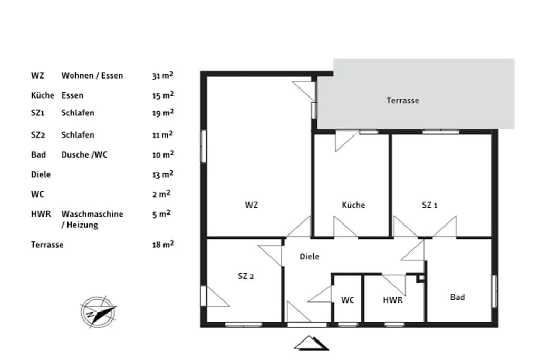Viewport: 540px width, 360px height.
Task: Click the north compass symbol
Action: (98, 312)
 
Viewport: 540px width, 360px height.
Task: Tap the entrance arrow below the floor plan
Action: (311, 343)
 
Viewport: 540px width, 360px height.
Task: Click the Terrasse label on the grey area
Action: (402, 101)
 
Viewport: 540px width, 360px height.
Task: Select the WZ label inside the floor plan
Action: (252, 205)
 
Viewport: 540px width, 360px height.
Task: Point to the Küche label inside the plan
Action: (353, 205)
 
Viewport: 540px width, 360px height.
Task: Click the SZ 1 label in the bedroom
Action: (429, 205)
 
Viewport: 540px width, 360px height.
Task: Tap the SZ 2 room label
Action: (246, 276)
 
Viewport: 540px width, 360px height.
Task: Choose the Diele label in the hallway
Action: (309, 256)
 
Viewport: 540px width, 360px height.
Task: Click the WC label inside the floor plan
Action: (348, 300)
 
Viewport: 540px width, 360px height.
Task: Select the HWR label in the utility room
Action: (392, 300)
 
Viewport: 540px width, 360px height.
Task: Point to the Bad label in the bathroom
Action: (457, 297)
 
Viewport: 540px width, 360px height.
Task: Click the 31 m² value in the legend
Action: (163, 75)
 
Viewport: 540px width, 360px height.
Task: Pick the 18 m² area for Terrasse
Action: (163, 245)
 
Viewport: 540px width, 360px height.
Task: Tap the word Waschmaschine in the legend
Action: (92, 214)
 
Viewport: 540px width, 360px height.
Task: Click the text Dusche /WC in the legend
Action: (84, 155)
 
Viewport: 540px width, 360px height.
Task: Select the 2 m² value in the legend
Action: (161, 194)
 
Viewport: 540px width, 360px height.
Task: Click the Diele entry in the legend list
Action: (41, 174)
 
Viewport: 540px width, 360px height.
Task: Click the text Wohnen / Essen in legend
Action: (92, 76)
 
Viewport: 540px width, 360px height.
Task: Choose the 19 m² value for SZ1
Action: (163, 113)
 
